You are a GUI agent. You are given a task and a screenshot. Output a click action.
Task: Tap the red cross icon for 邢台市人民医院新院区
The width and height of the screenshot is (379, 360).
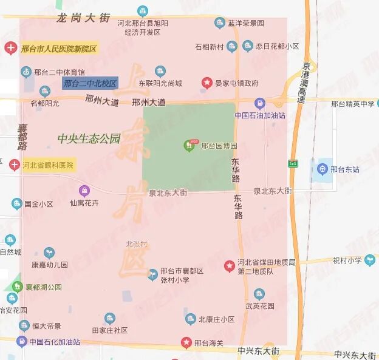tap(10, 48)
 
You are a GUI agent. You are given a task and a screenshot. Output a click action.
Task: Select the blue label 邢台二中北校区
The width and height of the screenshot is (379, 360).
tap(90, 83)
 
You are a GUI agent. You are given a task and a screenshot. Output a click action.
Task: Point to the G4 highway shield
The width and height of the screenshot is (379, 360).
tap(293, 163)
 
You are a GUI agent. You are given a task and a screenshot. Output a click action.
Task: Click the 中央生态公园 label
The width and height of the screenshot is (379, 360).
tap(89, 138)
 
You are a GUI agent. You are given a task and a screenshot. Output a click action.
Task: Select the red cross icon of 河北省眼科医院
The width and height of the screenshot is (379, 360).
tap(15, 164)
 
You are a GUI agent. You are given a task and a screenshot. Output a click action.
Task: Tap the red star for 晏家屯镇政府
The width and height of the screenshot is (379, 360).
tap(207, 83)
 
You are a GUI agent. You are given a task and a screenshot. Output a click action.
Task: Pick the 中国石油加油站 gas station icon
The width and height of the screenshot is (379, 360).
tap(259, 104)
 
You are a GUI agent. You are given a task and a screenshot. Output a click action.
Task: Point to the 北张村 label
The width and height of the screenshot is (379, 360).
tap(137, 243)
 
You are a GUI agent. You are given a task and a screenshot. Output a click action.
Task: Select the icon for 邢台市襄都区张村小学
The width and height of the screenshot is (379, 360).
tap(152, 274)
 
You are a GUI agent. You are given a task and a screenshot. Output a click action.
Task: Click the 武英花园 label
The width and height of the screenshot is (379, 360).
tap(260, 306)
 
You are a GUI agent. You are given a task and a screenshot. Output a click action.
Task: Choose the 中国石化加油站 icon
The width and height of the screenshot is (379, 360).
tap(21, 341)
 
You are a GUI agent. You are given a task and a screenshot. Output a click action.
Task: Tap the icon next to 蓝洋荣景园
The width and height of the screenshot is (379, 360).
tap(220, 23)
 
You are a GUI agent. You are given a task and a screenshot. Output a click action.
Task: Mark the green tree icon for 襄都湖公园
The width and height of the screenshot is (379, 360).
tap(16, 287)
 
